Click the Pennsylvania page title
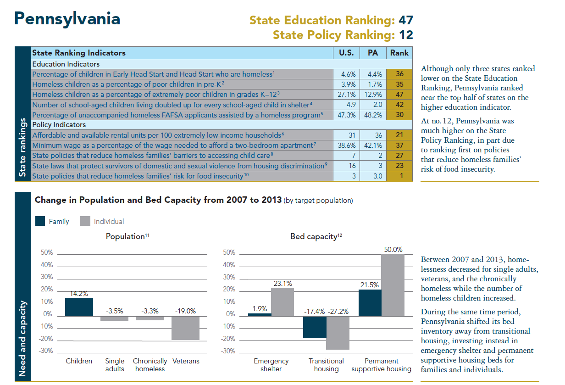pyautogui.click(x=67, y=19)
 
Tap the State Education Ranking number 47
pyautogui.click(x=405, y=20)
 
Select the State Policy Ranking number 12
pyautogui.click(x=405, y=35)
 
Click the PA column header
pyautogui.click(x=373, y=53)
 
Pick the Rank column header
pyautogui.click(x=399, y=53)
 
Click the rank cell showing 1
pyautogui.click(x=399, y=176)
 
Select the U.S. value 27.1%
pyautogui.click(x=346, y=95)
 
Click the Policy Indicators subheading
pyautogui.click(x=59, y=125)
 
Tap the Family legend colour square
pyautogui.click(x=40, y=221)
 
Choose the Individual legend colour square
pyautogui.click(x=85, y=221)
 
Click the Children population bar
pyautogui.click(x=79, y=307)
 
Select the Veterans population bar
pyautogui.click(x=185, y=328)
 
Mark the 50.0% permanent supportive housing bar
pyautogui.click(x=393, y=285)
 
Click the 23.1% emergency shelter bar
pyautogui.click(x=282, y=301)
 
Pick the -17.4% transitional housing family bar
pyautogui.click(x=315, y=327)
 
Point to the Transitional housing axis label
pyautogui.click(x=326, y=365)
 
